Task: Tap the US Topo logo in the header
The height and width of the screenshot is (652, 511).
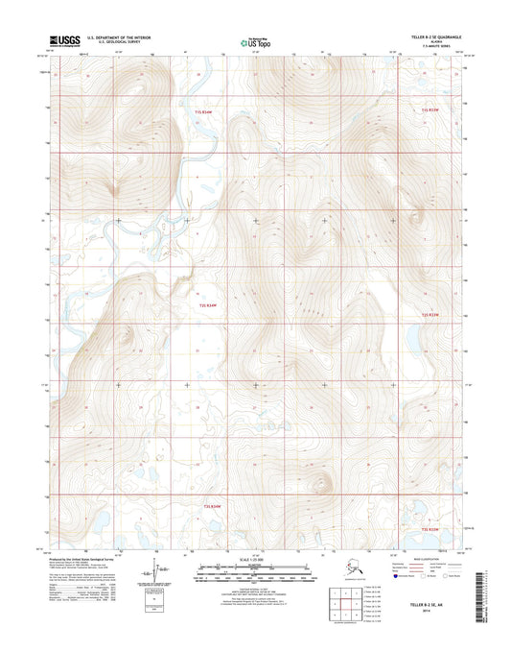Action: point(255,41)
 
